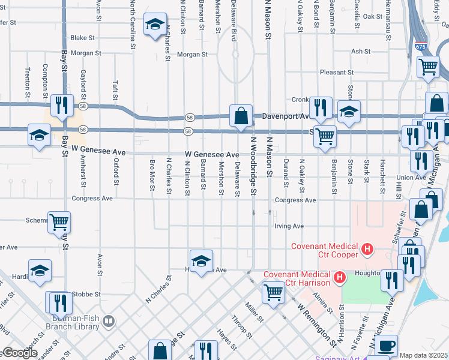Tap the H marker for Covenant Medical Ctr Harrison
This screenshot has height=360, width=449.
[x=340, y=277]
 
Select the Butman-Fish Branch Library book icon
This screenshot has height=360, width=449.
[x=108, y=321]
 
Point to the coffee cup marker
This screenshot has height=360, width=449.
[x=387, y=346]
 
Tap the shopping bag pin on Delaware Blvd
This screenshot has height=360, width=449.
[x=241, y=115]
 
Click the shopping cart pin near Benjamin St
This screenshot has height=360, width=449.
[x=325, y=136]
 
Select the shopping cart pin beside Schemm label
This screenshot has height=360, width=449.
[x=59, y=222]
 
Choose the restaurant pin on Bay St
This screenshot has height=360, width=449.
[x=62, y=105]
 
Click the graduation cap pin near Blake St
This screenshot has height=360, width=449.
[x=155, y=25]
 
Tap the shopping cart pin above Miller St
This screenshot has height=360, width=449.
[x=273, y=293]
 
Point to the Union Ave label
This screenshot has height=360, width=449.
[x=411, y=178]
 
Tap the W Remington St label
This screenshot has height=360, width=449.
[x=317, y=325]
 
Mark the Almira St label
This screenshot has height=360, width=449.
[x=322, y=303]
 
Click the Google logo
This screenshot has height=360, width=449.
[x=19, y=353]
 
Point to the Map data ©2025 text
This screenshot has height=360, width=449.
[x=423, y=355]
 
